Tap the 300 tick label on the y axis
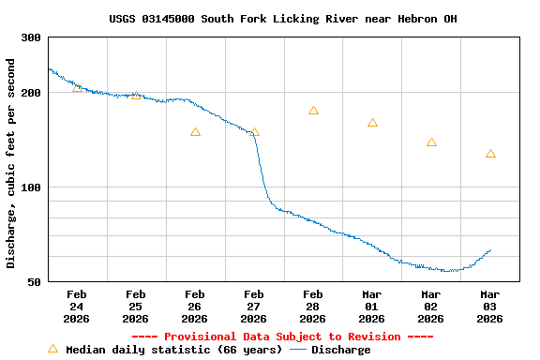[x=31, y=37]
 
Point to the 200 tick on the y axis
[x=31, y=93]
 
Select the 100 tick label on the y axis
[x=31, y=187]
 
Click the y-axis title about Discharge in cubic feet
[x=11, y=163]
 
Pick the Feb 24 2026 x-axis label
[x=77, y=307]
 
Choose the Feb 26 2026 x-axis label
[x=195, y=307]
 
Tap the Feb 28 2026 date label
[x=313, y=307]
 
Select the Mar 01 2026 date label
[x=372, y=307]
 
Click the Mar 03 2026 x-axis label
[x=490, y=307]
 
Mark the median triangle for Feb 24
[x=77, y=87]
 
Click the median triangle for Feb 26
[x=195, y=132]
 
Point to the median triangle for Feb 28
[x=313, y=111]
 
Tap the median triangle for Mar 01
[x=372, y=123]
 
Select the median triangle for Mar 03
[x=490, y=153]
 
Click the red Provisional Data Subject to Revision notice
[x=282, y=337]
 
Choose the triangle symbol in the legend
[x=52, y=349]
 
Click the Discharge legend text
[x=340, y=350]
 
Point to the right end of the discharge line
[x=490, y=250]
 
